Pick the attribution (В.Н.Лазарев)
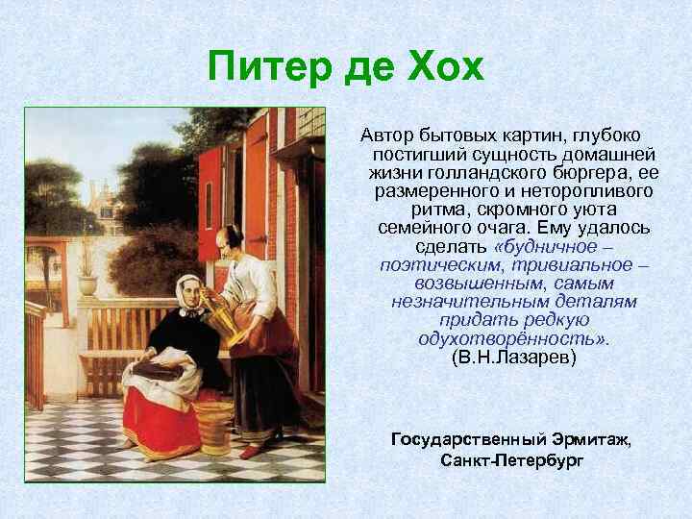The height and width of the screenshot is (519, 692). point(513,357)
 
